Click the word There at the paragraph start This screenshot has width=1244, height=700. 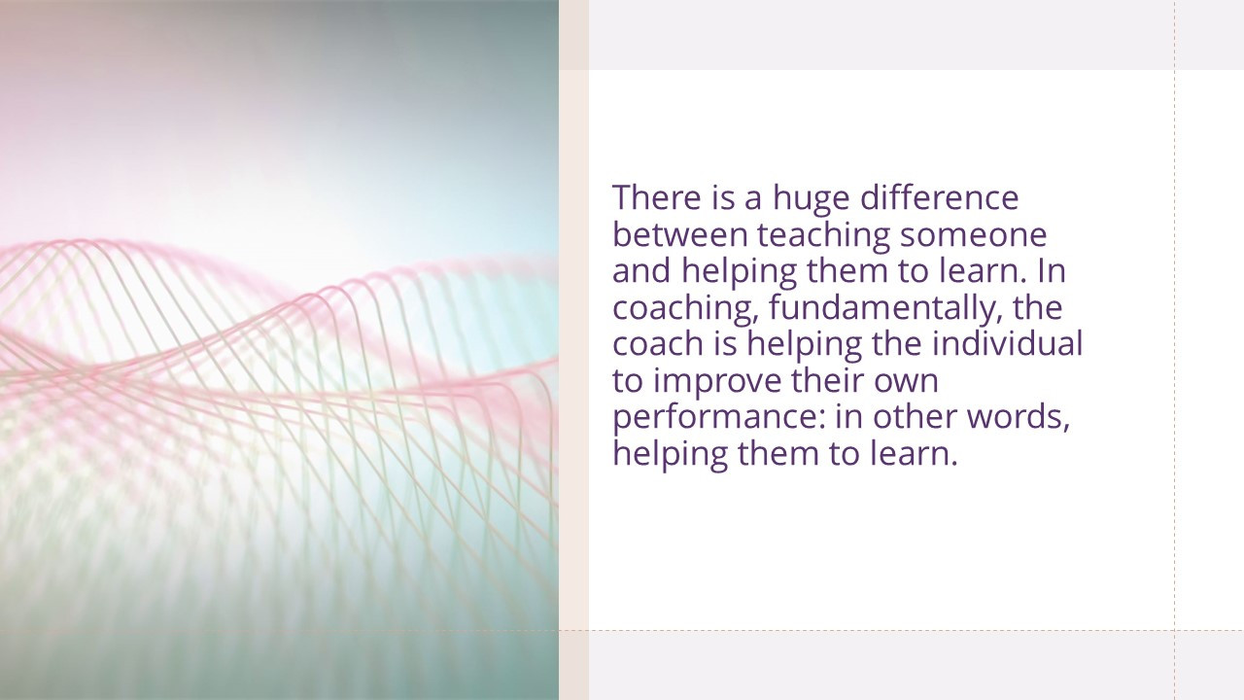tap(657, 197)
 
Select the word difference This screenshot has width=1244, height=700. tap(940, 197)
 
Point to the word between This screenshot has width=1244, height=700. tap(679, 234)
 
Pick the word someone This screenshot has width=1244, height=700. tap(974, 236)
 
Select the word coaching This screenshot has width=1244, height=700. tap(685, 310)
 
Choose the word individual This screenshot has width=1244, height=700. tap(1008, 343)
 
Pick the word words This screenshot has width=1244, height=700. tap(1019, 419)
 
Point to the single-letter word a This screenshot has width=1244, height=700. tap(753, 200)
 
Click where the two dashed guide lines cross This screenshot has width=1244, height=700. tap(1175, 631)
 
